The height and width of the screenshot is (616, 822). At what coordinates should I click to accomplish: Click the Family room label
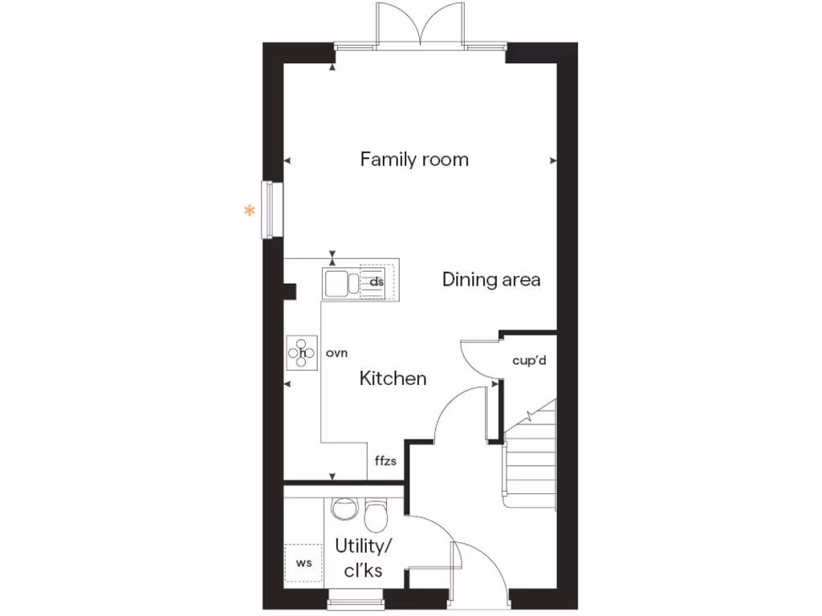(413, 159)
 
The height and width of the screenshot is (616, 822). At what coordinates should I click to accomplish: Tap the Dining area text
(490, 279)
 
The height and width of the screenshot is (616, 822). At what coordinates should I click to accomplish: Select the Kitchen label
(393, 378)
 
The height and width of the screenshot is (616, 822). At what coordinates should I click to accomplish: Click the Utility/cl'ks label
(363, 558)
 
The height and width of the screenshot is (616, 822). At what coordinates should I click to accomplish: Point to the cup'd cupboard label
(529, 360)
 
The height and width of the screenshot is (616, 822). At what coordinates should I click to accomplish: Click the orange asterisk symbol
(250, 212)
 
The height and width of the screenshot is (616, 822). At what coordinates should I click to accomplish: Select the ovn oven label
(336, 352)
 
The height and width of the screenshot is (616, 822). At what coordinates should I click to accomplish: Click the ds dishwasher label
(376, 282)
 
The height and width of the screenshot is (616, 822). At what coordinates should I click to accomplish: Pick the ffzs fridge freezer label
(385, 461)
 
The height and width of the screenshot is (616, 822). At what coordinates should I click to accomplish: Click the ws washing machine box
(303, 563)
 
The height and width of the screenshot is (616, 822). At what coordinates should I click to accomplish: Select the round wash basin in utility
(344, 508)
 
